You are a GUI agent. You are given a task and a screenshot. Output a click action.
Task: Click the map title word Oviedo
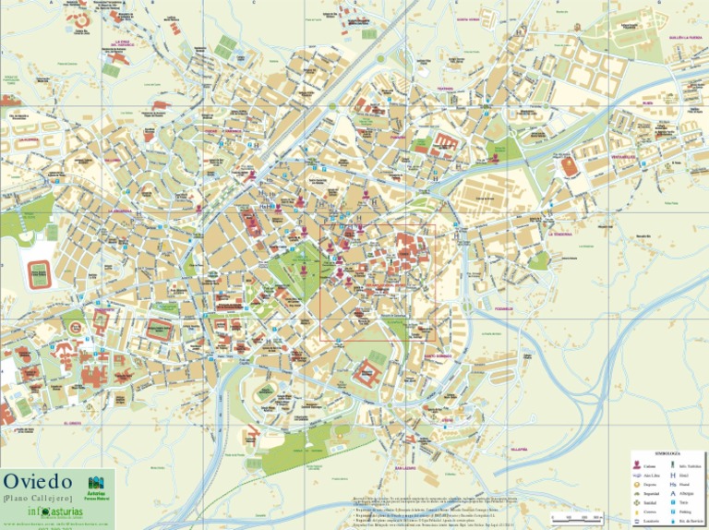(37, 483)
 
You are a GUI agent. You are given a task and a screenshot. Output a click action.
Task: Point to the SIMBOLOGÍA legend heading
(667, 455)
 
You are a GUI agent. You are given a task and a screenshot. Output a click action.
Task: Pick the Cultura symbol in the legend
(636, 466)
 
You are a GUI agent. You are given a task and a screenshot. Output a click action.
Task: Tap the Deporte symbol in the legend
(636, 485)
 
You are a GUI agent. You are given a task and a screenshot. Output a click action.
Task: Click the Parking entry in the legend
(685, 512)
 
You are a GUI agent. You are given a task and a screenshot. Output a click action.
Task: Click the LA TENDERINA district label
(560, 235)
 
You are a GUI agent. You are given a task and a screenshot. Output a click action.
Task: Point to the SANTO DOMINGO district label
(437, 355)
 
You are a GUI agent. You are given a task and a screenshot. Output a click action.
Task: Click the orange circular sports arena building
(570, 166)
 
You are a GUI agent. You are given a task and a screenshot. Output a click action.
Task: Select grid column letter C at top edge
(254, 3)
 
